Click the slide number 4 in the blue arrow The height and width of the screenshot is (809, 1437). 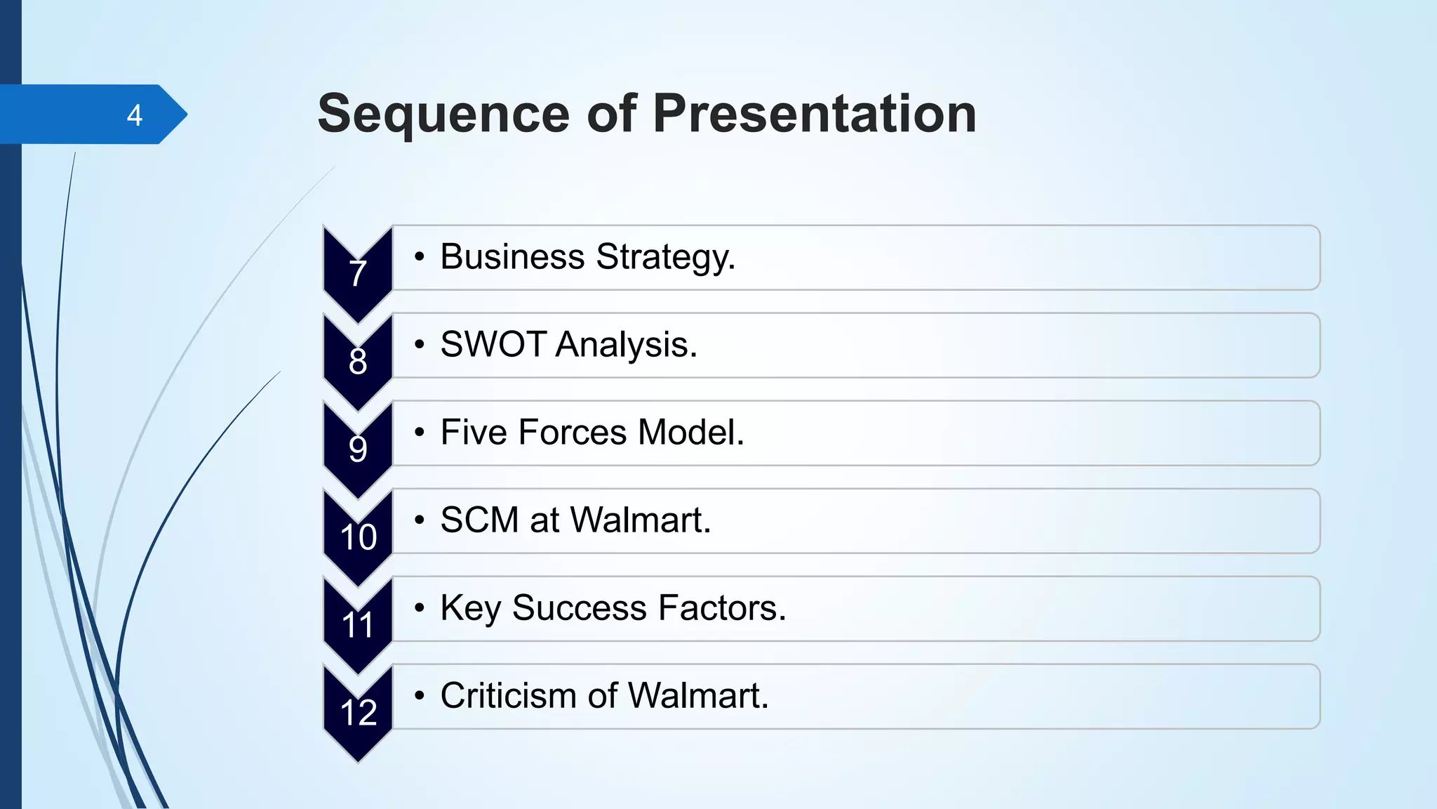click(x=135, y=115)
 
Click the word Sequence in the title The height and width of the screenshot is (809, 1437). click(x=443, y=114)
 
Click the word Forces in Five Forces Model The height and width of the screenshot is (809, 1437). click(x=572, y=433)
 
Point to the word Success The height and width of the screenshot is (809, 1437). click(x=579, y=608)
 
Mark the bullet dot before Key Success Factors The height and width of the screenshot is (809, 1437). click(x=419, y=608)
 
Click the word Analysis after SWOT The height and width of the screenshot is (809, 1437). click(x=627, y=345)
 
